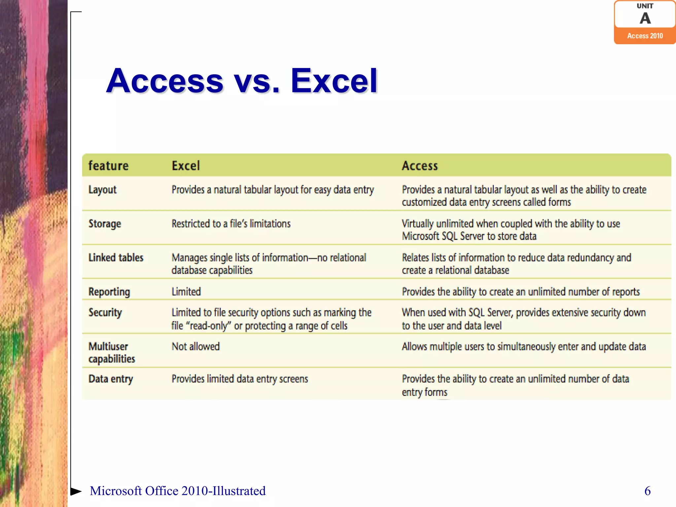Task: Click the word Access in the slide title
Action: (x=165, y=81)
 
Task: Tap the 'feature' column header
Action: (x=108, y=166)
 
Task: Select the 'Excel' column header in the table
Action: (x=186, y=166)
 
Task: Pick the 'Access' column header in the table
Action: (x=420, y=166)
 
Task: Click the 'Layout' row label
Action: (x=103, y=190)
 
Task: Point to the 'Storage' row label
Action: (x=105, y=224)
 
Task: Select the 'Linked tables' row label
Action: (x=116, y=258)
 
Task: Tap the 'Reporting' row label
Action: (x=109, y=292)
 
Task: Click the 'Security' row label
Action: (x=105, y=313)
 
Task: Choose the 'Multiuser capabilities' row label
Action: (x=112, y=353)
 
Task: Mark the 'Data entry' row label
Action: (x=111, y=379)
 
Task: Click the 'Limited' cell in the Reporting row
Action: (x=186, y=292)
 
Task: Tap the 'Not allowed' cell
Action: (x=195, y=347)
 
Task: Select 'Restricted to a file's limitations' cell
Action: (x=231, y=224)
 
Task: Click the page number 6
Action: (x=647, y=491)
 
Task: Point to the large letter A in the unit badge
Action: (x=645, y=18)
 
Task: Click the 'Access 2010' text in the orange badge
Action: (x=645, y=36)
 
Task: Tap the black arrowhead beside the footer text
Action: (x=76, y=491)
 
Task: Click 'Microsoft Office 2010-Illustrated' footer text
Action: (x=178, y=491)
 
